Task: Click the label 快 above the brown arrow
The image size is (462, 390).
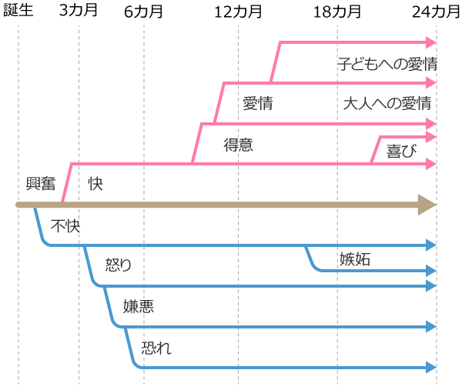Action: [95, 184]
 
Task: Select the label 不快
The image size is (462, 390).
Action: [65, 226]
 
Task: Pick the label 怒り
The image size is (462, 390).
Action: [119, 265]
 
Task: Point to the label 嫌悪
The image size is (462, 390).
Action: [139, 305]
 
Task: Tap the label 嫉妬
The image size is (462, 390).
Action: [355, 259]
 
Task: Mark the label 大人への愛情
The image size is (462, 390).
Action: [387, 103]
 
